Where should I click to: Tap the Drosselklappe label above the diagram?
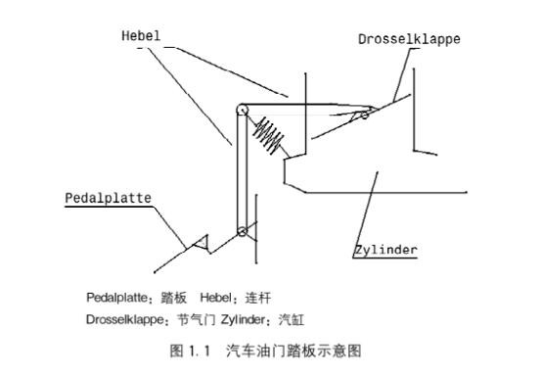click(408, 40)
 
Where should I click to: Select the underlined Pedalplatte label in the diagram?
click(108, 197)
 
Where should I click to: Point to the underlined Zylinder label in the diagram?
click(385, 250)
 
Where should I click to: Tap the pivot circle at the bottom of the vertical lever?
click(241, 232)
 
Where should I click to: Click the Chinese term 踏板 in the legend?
click(171, 297)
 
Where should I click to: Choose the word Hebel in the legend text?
click(215, 297)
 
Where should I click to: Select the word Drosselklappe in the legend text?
click(124, 318)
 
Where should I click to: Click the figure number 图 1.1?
click(191, 349)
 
